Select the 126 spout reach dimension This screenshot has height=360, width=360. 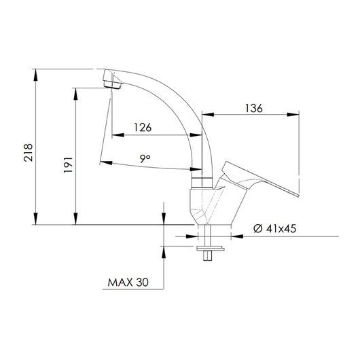point(142,126)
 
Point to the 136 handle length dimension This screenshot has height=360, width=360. point(254,107)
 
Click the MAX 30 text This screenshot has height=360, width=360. point(127,279)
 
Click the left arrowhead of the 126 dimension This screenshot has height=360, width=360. point(113,134)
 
